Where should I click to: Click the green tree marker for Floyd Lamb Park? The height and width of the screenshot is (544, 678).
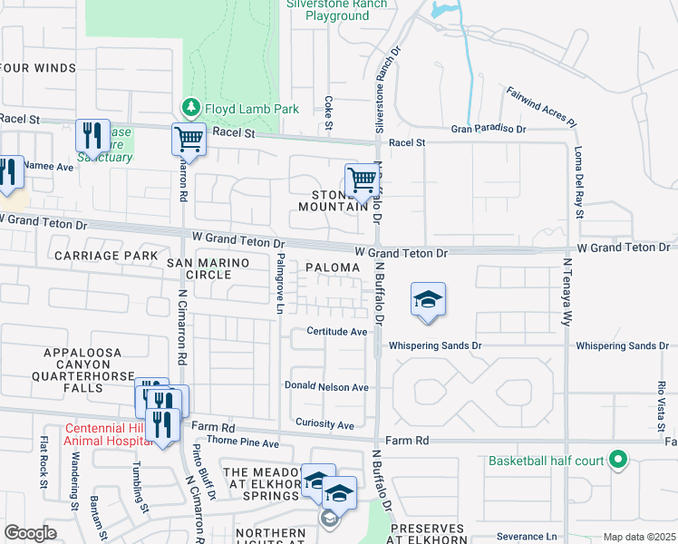[x=191, y=109]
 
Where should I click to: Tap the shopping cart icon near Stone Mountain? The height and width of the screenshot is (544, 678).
[x=361, y=179]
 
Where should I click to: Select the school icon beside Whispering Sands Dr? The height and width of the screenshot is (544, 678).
[x=428, y=299]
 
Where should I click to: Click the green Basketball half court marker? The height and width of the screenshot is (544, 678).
[x=617, y=461]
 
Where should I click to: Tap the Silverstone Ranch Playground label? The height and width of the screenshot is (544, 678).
[x=336, y=10]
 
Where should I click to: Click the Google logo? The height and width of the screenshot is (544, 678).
[x=30, y=533]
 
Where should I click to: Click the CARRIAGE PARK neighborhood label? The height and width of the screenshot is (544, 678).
[x=106, y=257]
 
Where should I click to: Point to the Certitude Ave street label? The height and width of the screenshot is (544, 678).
[x=335, y=332]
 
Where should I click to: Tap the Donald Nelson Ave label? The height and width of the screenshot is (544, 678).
[x=326, y=387]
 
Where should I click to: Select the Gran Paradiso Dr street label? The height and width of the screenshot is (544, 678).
[x=489, y=130]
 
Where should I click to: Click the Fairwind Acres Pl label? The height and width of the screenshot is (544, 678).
[x=541, y=106]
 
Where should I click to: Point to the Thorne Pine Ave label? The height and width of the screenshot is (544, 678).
[x=243, y=443]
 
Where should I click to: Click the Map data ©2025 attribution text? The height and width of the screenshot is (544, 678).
[x=638, y=537]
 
